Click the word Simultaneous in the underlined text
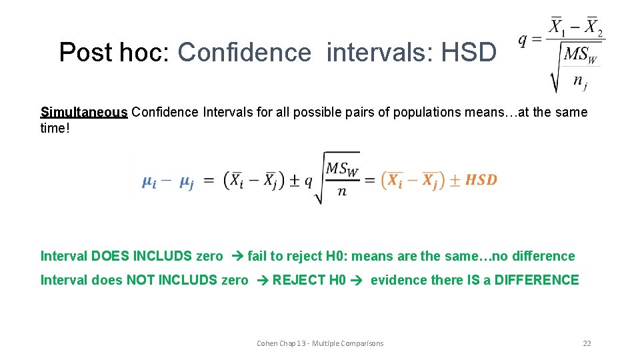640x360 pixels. point(83,112)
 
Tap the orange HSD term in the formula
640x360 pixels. point(481,179)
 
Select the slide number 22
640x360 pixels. point(587,343)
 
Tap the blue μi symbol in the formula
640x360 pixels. point(150,181)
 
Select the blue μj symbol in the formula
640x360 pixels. point(186,181)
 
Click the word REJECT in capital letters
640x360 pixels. point(298,280)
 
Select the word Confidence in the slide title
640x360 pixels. point(245,52)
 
